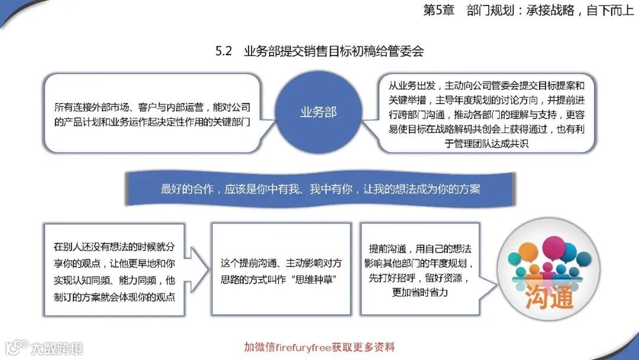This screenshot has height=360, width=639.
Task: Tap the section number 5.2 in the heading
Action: (223, 52)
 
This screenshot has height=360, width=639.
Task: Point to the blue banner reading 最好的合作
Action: (320, 189)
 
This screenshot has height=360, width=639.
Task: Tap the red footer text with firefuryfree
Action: (319, 347)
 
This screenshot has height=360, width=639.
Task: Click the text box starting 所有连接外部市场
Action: (152, 115)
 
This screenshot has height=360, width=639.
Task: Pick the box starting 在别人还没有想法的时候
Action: (114, 271)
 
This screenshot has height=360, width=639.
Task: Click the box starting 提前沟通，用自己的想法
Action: (419, 270)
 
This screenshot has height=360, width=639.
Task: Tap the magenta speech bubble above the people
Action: (554, 246)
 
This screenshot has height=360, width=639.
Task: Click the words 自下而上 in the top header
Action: (610, 11)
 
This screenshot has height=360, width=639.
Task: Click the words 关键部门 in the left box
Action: (232, 123)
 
